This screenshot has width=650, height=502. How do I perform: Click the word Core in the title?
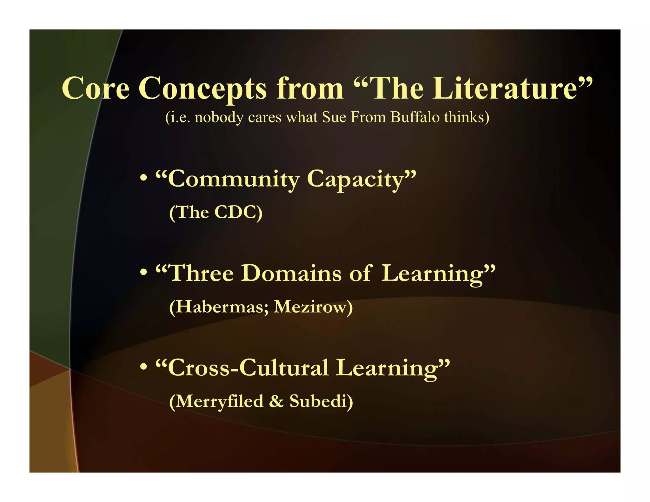coord(96,88)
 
